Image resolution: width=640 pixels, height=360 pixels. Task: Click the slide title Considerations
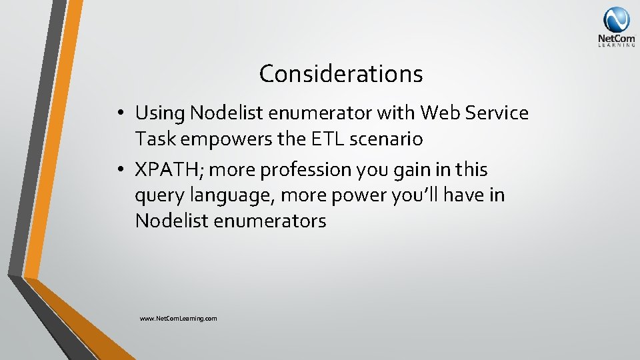click(341, 73)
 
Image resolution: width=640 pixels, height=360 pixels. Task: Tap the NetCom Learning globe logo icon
click(616, 19)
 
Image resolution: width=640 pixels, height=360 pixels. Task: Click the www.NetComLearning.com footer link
click(178, 319)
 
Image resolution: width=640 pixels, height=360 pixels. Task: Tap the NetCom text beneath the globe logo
click(616, 39)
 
